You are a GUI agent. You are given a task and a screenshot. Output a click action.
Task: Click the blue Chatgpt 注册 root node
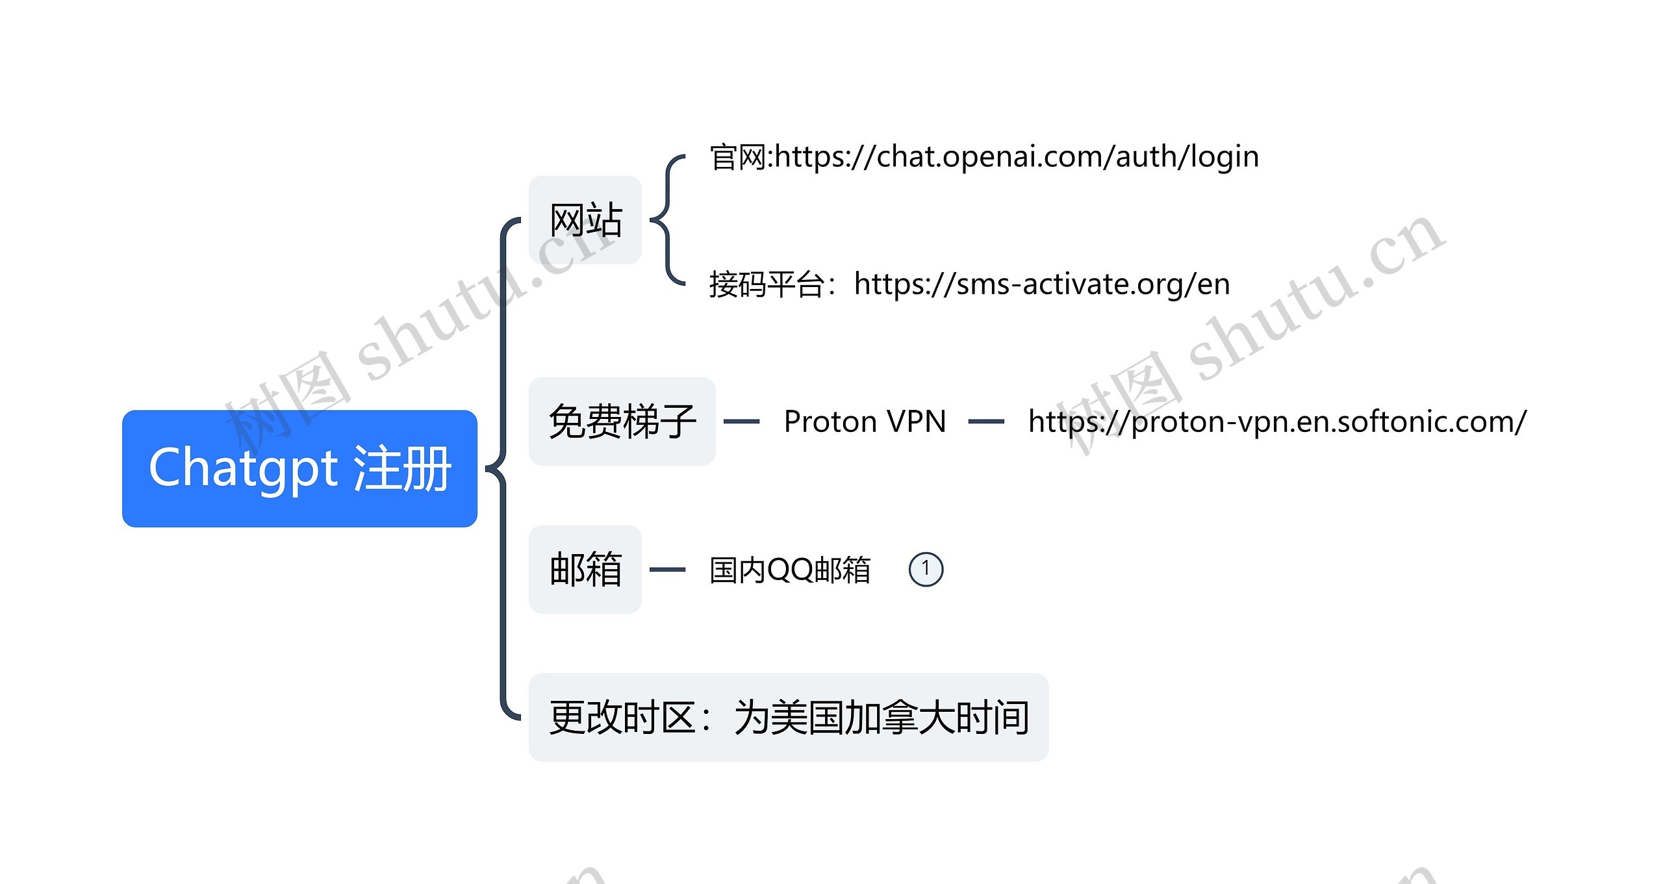pos(299,468)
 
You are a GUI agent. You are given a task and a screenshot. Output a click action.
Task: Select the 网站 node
pos(585,220)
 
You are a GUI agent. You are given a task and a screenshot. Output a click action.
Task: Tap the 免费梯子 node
pos(622,422)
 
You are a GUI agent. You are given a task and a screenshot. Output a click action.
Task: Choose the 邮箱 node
pos(585,570)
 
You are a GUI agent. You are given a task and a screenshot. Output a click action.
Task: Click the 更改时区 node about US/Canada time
pos(788,718)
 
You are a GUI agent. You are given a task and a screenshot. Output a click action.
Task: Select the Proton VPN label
pos(865,422)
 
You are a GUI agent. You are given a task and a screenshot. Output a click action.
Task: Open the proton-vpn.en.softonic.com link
pos(1276,422)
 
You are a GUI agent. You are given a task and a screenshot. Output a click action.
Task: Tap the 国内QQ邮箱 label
pos(789,570)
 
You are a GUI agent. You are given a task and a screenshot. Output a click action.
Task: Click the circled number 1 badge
pos(926,570)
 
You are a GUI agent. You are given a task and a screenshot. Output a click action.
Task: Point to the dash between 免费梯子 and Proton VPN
pos(741,422)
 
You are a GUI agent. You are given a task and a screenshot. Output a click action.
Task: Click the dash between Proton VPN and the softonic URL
pos(986,422)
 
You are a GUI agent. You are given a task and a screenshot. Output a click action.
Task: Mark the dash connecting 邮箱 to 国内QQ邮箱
pos(667,570)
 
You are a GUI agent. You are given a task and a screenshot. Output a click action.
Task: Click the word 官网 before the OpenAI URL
pos(737,157)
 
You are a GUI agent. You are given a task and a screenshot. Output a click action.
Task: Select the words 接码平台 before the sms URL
pos(767,284)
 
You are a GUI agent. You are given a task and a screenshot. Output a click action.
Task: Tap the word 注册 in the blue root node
pos(402,468)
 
